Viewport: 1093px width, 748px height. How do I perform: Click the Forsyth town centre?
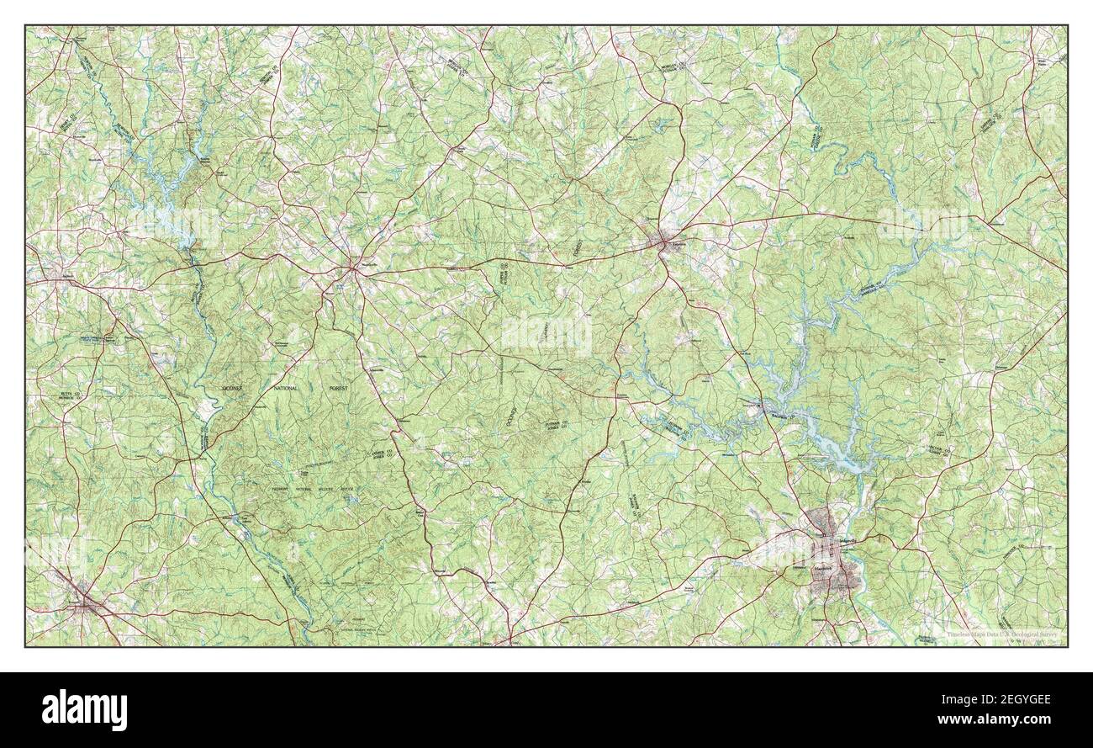pos(83,600)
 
